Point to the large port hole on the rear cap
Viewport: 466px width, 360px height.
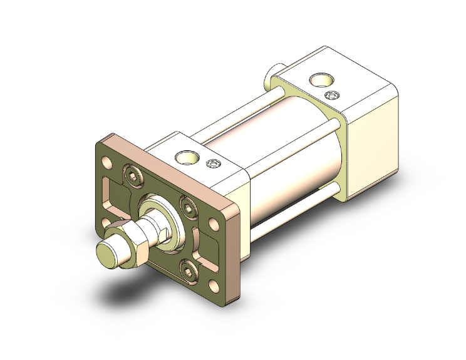tap(323, 80)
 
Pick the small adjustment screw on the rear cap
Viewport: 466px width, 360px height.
tap(333, 95)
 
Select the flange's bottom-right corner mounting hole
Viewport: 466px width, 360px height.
tap(214, 287)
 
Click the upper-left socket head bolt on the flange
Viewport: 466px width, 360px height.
tap(133, 175)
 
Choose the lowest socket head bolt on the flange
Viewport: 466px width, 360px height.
tap(189, 270)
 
